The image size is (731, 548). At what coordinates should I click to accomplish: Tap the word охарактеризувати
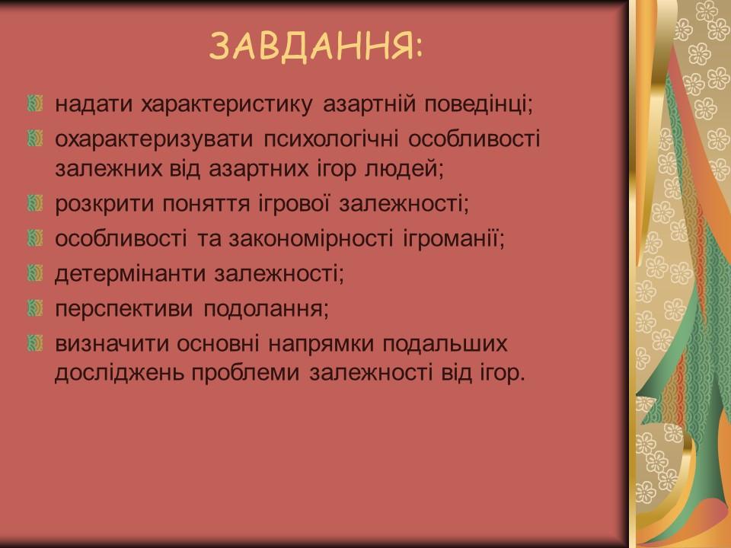click(154, 139)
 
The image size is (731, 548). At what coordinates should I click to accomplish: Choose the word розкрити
click(98, 204)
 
